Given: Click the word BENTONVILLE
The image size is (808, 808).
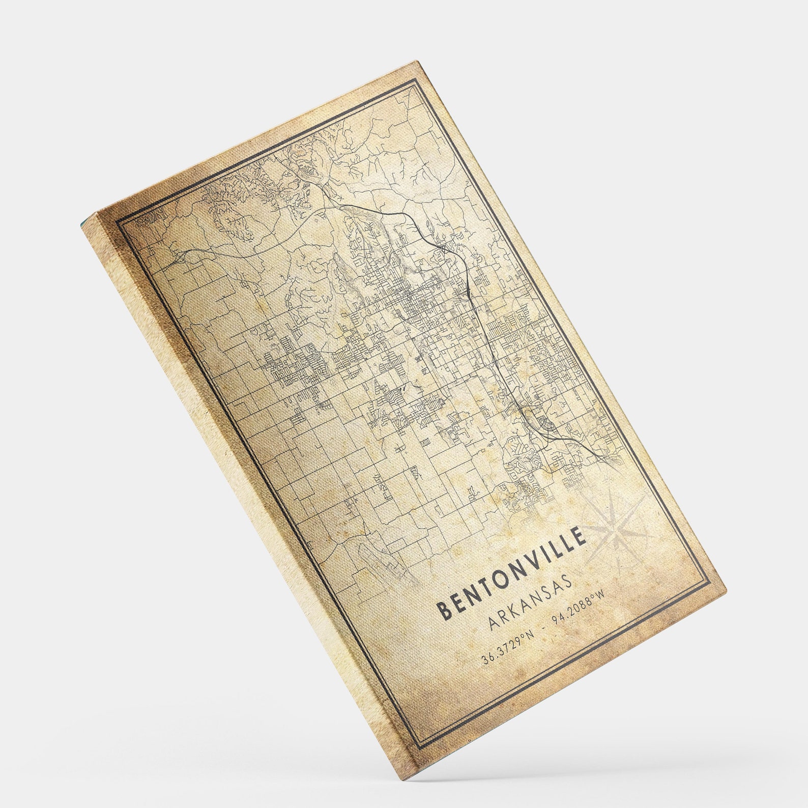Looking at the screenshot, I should pos(512,573).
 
